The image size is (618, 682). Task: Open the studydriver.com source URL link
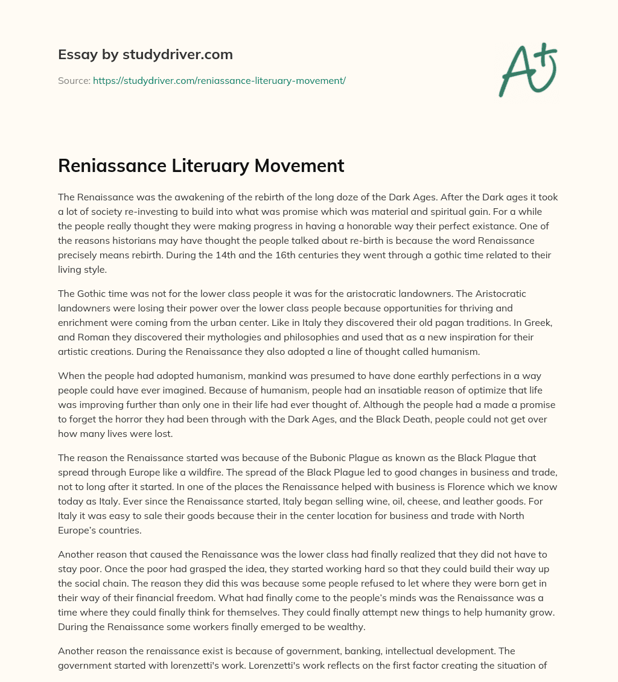click(x=219, y=80)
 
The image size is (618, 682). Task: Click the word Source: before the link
click(x=74, y=80)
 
